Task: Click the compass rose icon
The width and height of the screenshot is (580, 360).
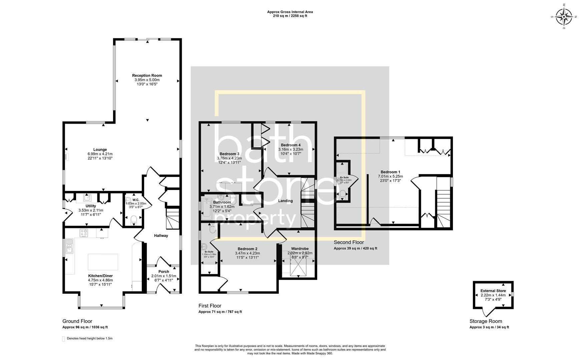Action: point(564,16)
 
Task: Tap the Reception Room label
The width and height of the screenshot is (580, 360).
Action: point(147,76)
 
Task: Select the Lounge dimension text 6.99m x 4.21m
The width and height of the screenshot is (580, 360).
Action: point(100,154)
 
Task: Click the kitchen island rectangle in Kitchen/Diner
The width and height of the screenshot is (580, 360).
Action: point(103,262)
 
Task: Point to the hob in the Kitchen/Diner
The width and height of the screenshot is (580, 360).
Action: point(83,233)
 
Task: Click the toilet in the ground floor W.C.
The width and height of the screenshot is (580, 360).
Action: point(133,219)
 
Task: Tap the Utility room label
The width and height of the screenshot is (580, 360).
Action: point(90,206)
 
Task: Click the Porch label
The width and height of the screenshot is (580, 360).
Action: point(163,272)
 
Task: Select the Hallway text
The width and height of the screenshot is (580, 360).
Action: point(161,236)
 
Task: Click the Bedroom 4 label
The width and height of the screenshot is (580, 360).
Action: point(291,145)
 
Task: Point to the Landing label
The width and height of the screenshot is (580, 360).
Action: point(285,201)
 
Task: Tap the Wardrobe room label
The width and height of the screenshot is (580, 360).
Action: point(300,249)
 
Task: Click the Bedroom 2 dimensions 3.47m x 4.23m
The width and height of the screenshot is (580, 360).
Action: point(247,253)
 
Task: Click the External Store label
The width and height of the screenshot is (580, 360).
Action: point(493,291)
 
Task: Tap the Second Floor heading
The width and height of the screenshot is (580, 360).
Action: point(349,242)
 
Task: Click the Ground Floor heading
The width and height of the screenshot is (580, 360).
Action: point(77,321)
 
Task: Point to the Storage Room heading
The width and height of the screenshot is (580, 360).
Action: point(486,321)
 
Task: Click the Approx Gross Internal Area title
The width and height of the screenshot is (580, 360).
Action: point(290,12)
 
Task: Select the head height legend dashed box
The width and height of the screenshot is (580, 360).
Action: point(64,339)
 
